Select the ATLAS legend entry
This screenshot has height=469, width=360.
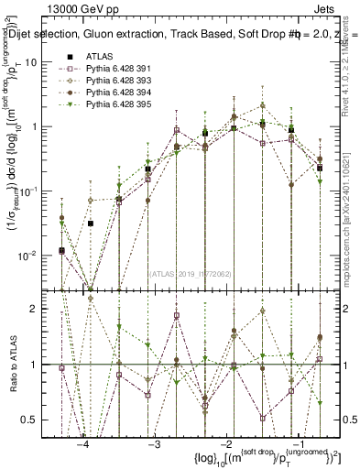click(102, 55)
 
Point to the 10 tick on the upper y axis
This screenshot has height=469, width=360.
click(42, 62)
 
